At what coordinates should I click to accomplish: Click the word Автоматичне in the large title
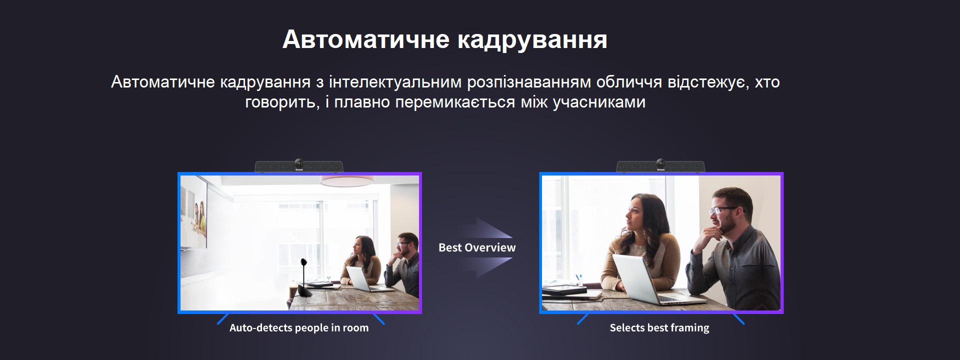pyautogui.click(x=366, y=39)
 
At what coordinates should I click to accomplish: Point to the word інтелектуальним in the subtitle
pyautogui.click(x=395, y=82)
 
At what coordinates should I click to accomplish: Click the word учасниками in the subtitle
pyautogui.click(x=599, y=102)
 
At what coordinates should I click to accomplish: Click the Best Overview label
pyautogui.click(x=477, y=247)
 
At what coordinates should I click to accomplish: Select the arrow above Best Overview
pyautogui.click(x=485, y=229)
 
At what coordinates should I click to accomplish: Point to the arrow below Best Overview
pyautogui.click(x=485, y=267)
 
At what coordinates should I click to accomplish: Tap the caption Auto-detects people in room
pyautogui.click(x=299, y=328)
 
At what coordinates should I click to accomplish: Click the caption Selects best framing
pyautogui.click(x=659, y=328)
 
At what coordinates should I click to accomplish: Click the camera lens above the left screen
pyautogui.click(x=299, y=163)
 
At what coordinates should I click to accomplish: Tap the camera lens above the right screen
pyautogui.click(x=660, y=163)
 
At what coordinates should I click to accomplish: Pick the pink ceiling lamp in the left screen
pyautogui.click(x=346, y=180)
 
